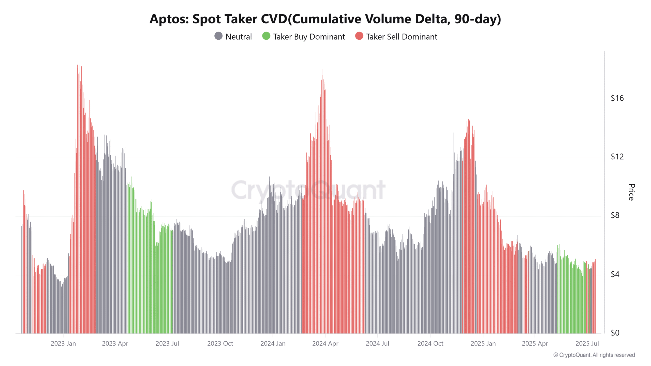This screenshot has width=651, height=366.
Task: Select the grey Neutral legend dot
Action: pos(218,36)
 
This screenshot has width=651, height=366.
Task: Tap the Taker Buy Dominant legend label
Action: pos(309,37)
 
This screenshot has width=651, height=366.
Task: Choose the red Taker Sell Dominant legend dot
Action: pos(359,36)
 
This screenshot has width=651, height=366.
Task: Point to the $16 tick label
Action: pos(617,98)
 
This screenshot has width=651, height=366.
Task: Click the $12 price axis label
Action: pos(617,157)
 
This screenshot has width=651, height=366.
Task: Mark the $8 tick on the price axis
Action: pos(615,216)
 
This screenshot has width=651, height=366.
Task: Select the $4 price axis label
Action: pos(615,274)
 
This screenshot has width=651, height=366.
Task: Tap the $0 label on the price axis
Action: pos(615,333)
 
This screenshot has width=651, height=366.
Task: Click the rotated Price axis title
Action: pos(631,192)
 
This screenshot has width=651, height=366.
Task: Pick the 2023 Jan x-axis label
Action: pos(63,344)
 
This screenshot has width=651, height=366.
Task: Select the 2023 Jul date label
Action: pos(167,344)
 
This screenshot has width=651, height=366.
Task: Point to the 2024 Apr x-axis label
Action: pos(325,344)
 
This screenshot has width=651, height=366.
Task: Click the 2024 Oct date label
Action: pos(430,344)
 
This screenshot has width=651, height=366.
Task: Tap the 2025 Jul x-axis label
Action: pos(587,344)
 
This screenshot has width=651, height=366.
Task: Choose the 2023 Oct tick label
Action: pos(220,344)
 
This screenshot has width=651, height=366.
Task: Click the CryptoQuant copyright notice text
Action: pos(594,355)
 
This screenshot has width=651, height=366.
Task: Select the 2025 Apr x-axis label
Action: pos(535,344)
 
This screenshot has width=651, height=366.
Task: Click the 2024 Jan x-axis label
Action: pos(273,344)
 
